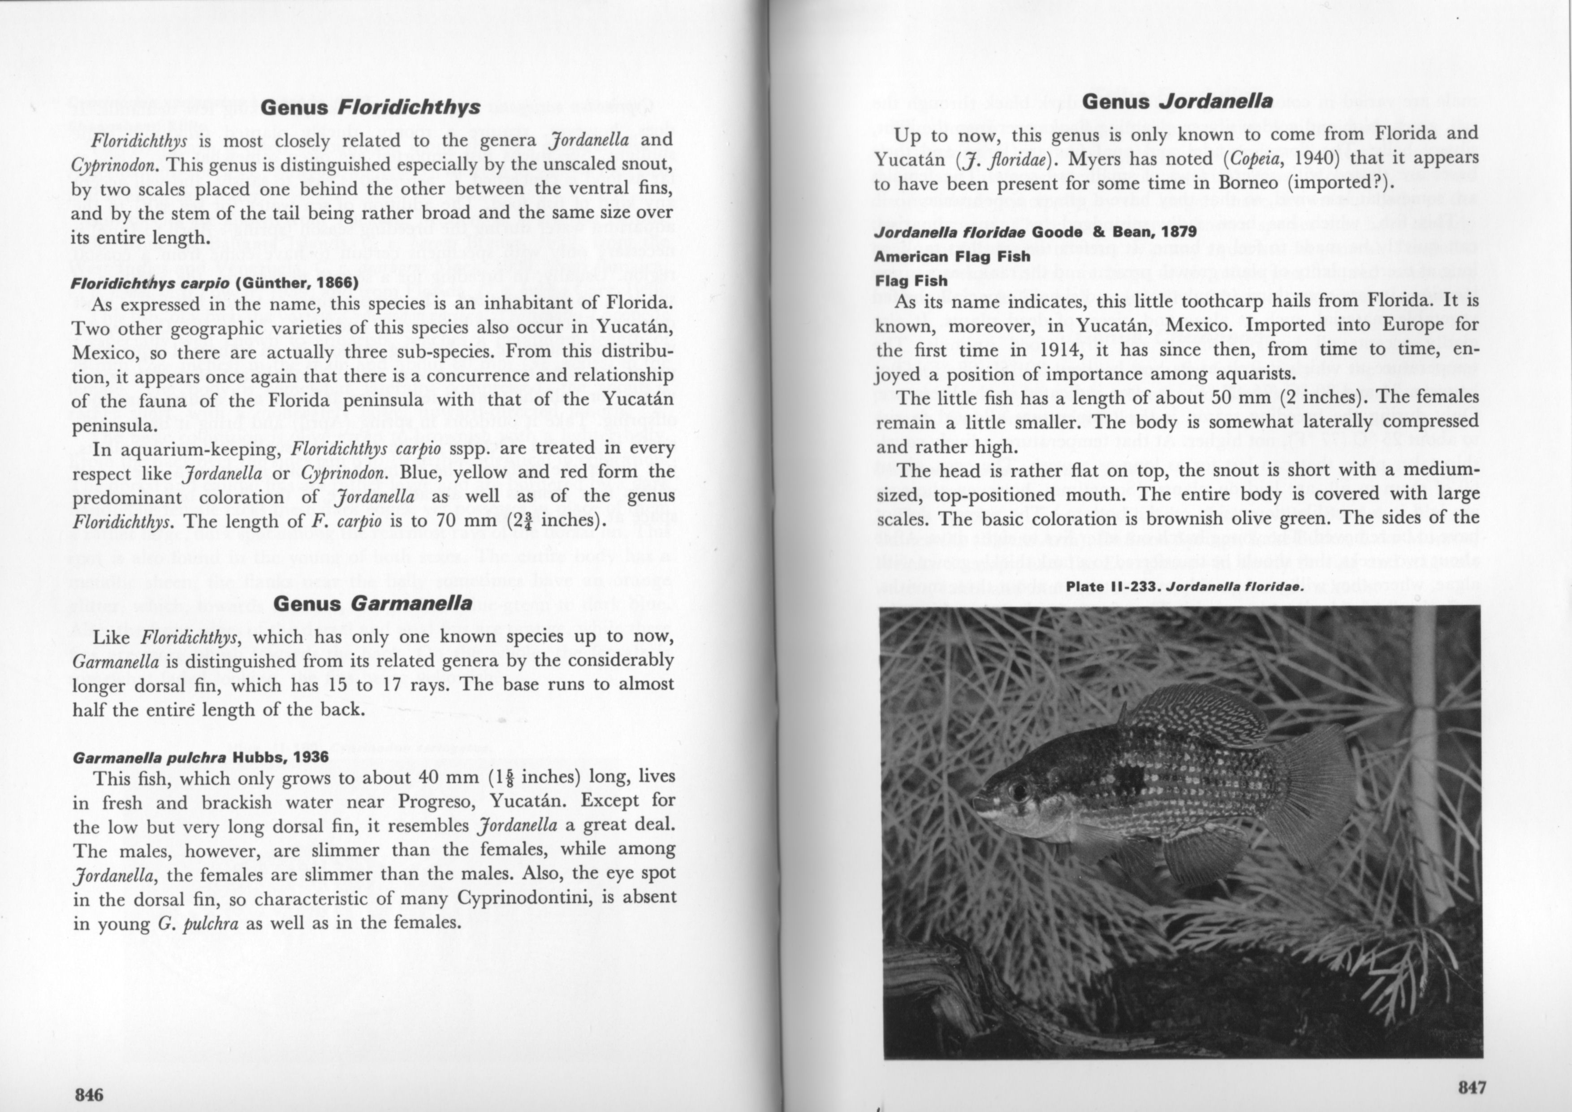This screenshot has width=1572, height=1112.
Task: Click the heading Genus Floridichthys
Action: click(x=371, y=108)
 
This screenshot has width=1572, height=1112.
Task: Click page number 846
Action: click(x=89, y=1094)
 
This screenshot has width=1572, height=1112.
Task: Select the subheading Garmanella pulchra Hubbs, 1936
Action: click(x=200, y=758)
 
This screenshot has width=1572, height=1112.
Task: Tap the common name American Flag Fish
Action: click(x=952, y=256)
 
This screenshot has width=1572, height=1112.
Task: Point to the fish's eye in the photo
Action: click(x=1018, y=791)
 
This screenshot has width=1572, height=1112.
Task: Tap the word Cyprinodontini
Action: click(x=524, y=898)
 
